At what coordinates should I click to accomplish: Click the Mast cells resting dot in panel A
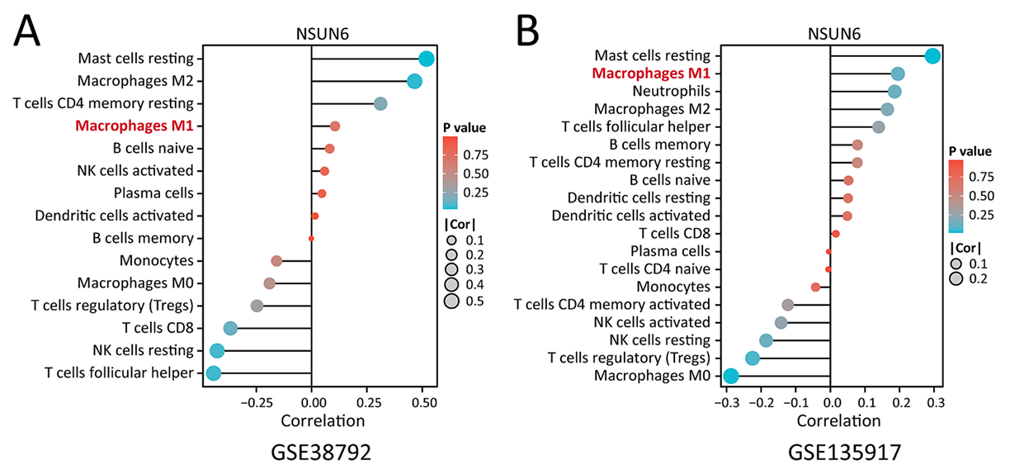click(426, 59)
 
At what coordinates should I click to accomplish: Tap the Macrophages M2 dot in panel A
click(414, 81)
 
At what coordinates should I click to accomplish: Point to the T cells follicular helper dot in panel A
click(213, 373)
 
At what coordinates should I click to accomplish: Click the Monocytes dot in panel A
click(276, 261)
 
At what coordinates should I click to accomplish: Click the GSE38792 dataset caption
click(323, 453)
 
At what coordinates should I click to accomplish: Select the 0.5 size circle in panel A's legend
click(451, 301)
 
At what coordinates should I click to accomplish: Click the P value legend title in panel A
click(463, 128)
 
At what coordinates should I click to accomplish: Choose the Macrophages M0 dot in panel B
click(730, 377)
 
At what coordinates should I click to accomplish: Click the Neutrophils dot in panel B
click(894, 91)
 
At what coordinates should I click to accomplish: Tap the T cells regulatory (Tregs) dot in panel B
click(752, 358)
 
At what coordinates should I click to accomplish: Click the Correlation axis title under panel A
click(323, 420)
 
